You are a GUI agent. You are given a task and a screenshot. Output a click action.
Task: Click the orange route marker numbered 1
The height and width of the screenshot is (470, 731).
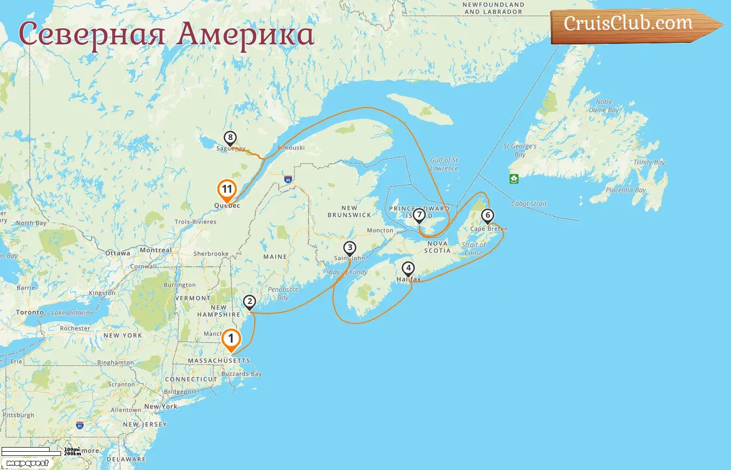tap(231, 339)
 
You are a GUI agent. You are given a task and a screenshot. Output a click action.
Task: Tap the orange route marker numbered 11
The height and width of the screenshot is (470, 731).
tap(227, 190)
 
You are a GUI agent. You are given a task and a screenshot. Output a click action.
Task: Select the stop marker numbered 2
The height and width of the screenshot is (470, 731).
tap(250, 302)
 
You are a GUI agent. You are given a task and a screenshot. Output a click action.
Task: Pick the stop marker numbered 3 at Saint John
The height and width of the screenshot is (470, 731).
tap(350, 248)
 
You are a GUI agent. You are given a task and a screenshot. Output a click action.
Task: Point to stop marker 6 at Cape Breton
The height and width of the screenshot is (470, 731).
tap(488, 215)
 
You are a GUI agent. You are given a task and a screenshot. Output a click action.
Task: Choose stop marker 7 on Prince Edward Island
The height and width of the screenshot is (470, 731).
tap(419, 215)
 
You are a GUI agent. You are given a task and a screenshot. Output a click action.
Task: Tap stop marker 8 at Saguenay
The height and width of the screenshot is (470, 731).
tap(230, 138)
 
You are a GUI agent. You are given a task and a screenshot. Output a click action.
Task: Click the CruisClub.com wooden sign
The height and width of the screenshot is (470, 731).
tap(629, 24)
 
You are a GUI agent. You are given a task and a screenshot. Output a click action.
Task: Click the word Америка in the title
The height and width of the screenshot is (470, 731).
tap(245, 34)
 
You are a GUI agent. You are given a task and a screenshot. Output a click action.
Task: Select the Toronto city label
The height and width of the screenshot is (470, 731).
tap(30, 312)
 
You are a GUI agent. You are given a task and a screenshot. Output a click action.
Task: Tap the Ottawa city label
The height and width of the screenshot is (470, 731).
tap(118, 253)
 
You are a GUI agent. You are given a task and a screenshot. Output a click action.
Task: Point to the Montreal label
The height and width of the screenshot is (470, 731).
tap(156, 250)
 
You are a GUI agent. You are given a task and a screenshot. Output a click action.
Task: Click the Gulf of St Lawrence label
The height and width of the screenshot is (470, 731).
tap(444, 164)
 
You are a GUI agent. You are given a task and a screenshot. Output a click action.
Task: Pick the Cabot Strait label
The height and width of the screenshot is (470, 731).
tap(529, 204)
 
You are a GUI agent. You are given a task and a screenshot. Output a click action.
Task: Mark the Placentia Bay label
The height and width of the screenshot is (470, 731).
tap(626, 190)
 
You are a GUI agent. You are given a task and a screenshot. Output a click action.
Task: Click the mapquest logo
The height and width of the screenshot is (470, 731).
tap(28, 463)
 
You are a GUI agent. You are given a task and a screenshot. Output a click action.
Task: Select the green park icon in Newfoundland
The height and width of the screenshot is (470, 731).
tap(514, 179)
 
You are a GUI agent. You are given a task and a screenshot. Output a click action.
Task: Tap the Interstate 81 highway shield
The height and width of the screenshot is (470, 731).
tap(80, 426)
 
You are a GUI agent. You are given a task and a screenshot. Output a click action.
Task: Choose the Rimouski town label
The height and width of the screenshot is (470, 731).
tap(291, 148)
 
